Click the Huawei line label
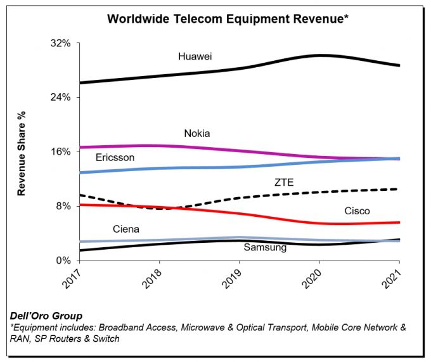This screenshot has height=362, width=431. coord(195,56)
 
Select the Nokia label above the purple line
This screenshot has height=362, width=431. coord(196,134)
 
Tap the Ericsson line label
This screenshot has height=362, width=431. coord(115,158)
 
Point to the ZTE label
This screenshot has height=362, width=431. coord(285,182)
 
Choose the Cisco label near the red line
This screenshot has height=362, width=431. coord(357,211)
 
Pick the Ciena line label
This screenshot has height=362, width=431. coord(125,229)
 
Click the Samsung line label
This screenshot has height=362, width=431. coord(265,247)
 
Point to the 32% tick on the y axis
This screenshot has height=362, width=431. coord(60,43)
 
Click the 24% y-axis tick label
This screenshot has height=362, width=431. coord(60,98)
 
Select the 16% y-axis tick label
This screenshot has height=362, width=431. coord(60,152)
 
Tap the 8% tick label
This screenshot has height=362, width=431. coord(63,206)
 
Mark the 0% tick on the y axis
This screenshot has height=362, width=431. coord(63,260)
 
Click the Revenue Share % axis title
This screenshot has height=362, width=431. coord(22,152)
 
